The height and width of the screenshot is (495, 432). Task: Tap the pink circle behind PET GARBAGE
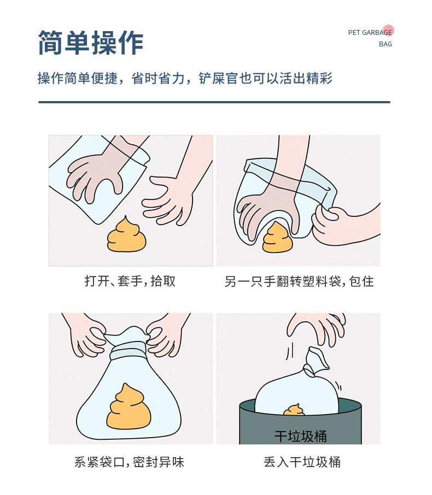(388, 31)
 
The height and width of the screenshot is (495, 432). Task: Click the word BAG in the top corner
(385, 44)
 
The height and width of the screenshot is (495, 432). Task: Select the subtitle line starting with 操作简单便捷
(185, 79)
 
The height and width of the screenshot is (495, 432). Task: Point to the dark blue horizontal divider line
(214, 102)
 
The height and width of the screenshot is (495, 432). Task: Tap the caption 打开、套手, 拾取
(130, 281)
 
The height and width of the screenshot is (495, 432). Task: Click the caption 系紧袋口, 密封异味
(129, 462)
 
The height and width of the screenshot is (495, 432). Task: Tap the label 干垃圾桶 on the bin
(300, 436)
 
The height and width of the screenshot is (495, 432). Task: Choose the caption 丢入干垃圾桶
(302, 462)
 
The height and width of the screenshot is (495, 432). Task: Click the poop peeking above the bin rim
(294, 410)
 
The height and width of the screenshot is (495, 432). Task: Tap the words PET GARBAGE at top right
(370, 33)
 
